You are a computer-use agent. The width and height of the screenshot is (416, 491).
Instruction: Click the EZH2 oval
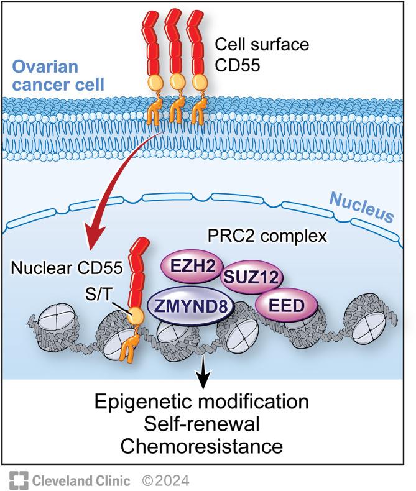pyautogui.click(x=186, y=266)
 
